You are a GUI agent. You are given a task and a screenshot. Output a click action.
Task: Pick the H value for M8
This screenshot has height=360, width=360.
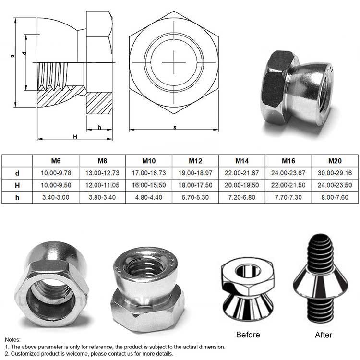tap(103, 185)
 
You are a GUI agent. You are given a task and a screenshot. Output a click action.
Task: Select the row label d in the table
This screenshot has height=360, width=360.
tap(17, 173)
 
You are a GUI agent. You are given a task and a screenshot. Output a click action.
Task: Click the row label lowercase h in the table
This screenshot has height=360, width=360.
tap(17, 197)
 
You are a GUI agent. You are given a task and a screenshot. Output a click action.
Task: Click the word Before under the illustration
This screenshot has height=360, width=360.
tap(248, 335)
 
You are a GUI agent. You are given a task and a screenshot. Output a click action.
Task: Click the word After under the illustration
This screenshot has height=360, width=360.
tap(322, 335)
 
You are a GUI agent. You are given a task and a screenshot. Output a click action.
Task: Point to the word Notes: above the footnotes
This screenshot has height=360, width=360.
tap(13, 339)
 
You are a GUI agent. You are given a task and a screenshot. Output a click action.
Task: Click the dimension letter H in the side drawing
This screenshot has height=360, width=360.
tap(75, 137)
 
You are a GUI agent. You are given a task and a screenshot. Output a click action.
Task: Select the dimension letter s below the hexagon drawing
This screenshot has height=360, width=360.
tap(175, 127)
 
